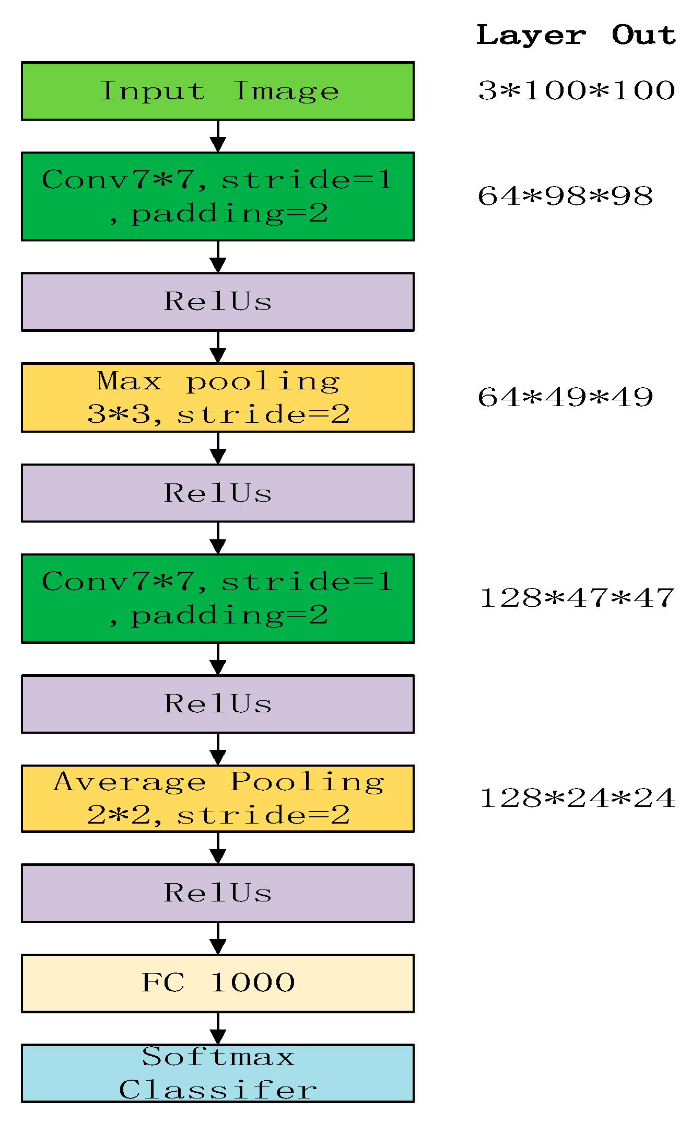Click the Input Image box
(217, 91)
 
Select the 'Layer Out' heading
(576, 36)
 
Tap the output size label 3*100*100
(576, 90)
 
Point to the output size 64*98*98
(565, 196)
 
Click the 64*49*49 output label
(565, 397)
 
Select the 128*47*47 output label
(577, 598)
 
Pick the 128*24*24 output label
(577, 799)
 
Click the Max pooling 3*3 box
(217, 398)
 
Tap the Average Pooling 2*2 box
(217, 799)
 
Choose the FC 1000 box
(217, 983)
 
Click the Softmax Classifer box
(217, 1073)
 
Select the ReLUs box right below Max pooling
(217, 493)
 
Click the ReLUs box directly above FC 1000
(217, 893)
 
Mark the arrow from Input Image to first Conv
(218, 136)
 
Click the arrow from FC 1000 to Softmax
(218, 1028)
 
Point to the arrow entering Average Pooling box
(218, 749)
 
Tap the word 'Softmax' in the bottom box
(218, 1057)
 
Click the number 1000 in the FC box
(253, 983)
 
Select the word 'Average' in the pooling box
(130, 782)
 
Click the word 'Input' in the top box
(152, 91)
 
